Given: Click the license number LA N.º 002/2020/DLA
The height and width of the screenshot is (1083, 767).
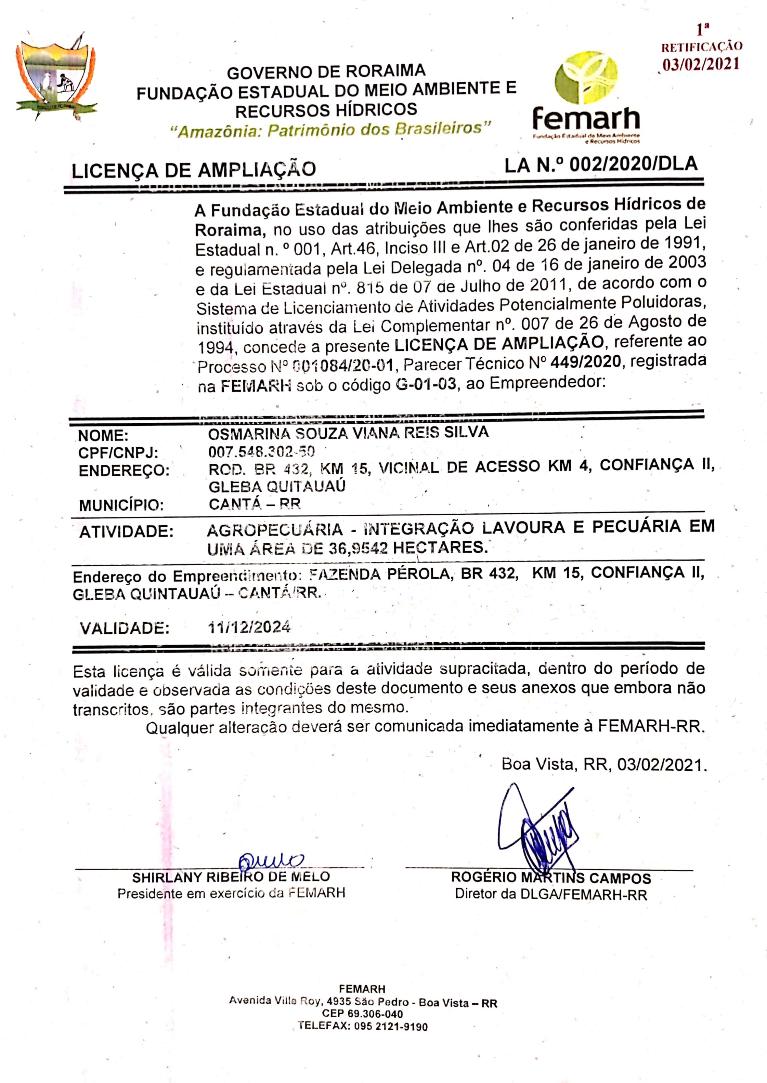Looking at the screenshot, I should [x=601, y=165].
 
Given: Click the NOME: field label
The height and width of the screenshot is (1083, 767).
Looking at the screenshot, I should [x=103, y=435].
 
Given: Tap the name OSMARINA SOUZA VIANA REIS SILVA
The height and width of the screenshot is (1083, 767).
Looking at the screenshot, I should [x=348, y=433].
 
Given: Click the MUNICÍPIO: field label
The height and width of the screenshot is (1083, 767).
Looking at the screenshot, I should [x=121, y=505].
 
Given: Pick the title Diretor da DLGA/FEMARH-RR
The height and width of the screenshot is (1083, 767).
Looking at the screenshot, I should [x=551, y=894].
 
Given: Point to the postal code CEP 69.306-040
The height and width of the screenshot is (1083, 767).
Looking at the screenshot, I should [x=362, y=1014].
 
